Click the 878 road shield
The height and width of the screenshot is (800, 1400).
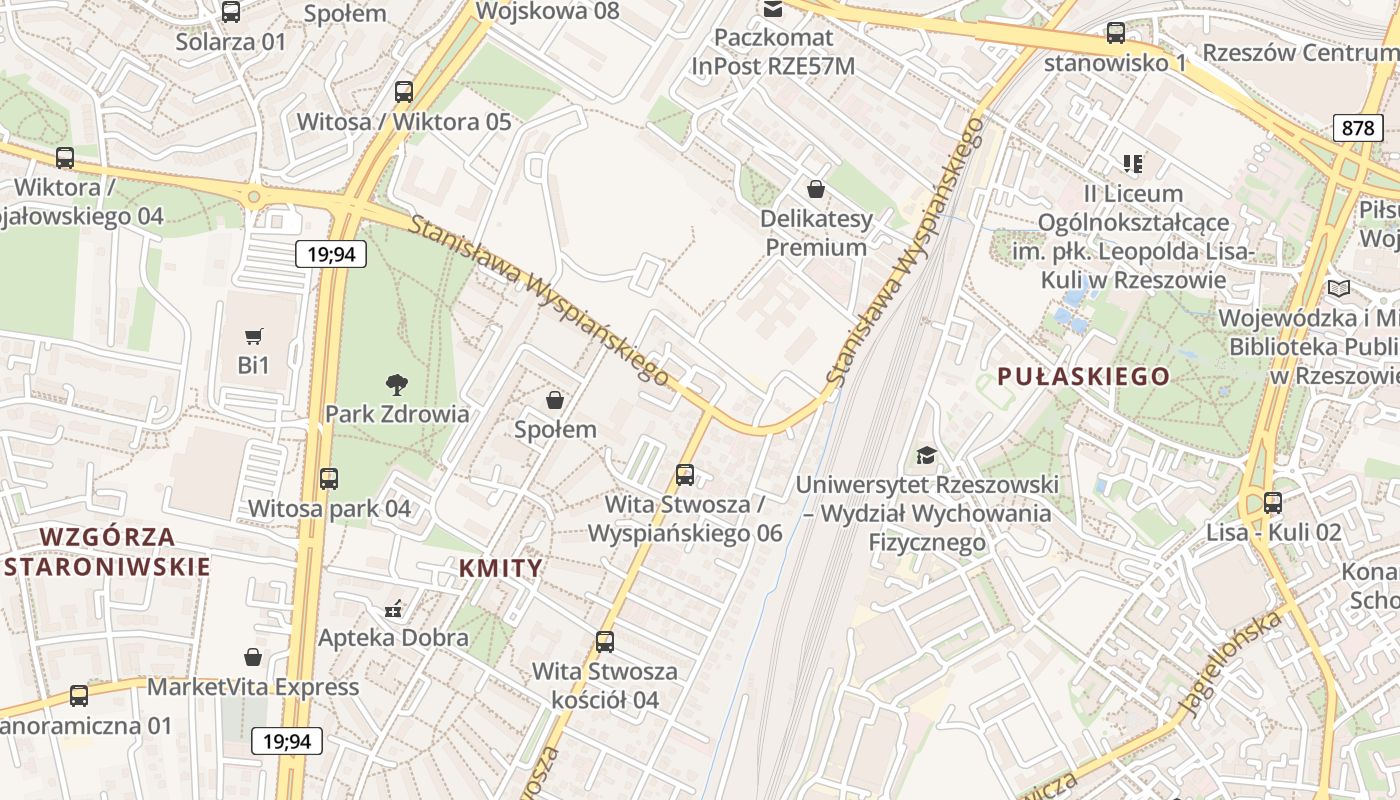(x=1358, y=128)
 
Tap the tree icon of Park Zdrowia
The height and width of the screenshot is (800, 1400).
(x=397, y=384)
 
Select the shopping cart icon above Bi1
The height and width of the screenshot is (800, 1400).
(x=254, y=337)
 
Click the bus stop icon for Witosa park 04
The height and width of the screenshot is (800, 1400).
(x=329, y=479)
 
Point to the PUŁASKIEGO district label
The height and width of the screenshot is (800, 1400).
(x=1083, y=376)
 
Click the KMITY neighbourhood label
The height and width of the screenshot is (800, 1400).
(x=500, y=568)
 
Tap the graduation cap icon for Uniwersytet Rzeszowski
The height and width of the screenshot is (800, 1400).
(x=927, y=456)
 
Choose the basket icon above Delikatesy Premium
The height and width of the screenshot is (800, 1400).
(x=816, y=189)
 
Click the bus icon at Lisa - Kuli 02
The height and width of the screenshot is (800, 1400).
(x=1272, y=503)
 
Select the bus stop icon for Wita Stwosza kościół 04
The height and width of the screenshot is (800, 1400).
(x=605, y=642)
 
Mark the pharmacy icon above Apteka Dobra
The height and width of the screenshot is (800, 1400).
(x=393, y=608)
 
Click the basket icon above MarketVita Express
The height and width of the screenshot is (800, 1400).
(x=253, y=657)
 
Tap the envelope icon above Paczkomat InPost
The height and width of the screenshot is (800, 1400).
(x=773, y=10)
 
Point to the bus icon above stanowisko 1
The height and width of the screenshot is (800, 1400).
(x=1115, y=33)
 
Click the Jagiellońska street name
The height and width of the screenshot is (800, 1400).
(x=1229, y=664)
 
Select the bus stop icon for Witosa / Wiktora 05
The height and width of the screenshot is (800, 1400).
(x=404, y=92)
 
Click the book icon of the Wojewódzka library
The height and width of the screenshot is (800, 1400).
(x=1338, y=289)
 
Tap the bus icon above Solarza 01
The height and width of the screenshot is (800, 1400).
(x=231, y=12)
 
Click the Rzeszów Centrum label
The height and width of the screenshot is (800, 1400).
(x=1300, y=52)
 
